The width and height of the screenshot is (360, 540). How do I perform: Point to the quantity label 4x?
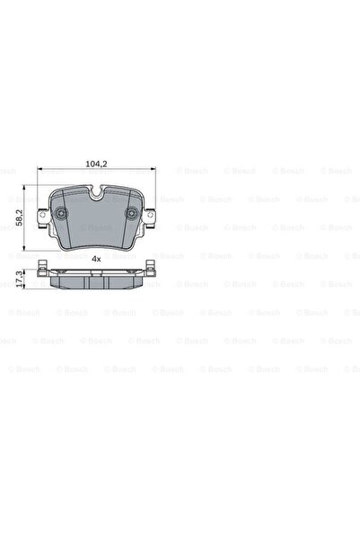point(95,258)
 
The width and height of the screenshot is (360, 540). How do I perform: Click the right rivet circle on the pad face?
point(131,215)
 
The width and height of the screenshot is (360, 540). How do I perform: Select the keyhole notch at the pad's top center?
point(95,191)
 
